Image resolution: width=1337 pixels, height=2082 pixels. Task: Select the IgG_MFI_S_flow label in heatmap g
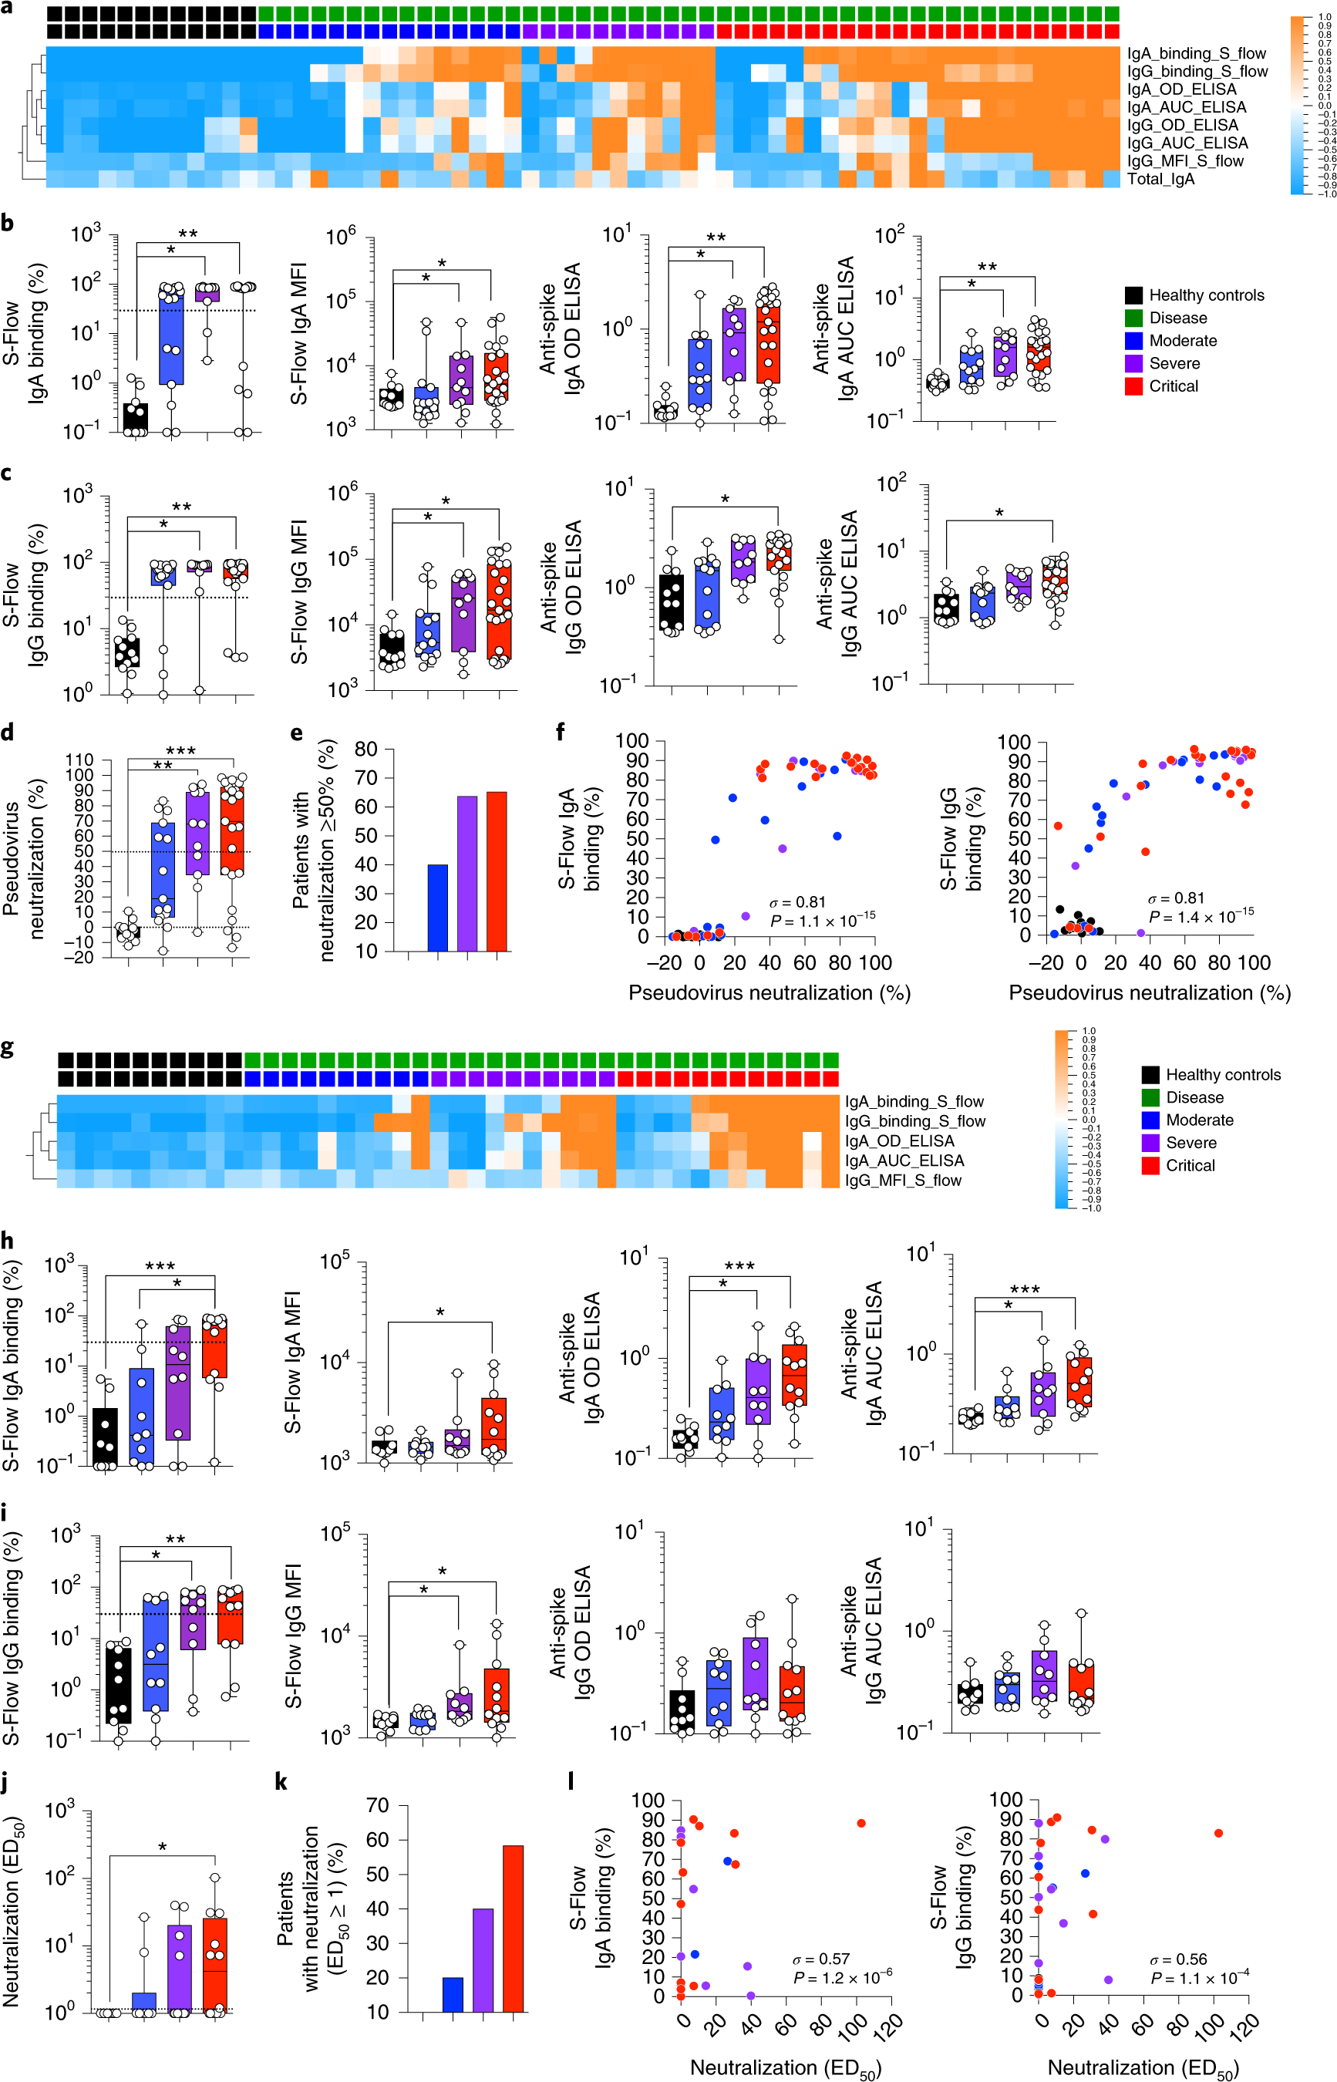[903, 1180]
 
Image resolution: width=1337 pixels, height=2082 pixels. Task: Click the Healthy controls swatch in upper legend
[1133, 295]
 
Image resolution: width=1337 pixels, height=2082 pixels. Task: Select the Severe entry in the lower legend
[1191, 1143]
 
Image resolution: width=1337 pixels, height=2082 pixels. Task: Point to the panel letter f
[561, 732]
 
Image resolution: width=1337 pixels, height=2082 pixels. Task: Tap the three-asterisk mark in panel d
[180, 750]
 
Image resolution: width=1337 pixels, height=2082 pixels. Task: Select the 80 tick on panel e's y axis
[365, 750]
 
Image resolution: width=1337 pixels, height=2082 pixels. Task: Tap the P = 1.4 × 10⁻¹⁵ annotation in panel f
[1201, 917]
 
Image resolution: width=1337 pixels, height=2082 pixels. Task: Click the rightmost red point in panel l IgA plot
[860, 1823]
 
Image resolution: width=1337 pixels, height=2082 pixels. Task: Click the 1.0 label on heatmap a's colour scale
[1325, 18]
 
